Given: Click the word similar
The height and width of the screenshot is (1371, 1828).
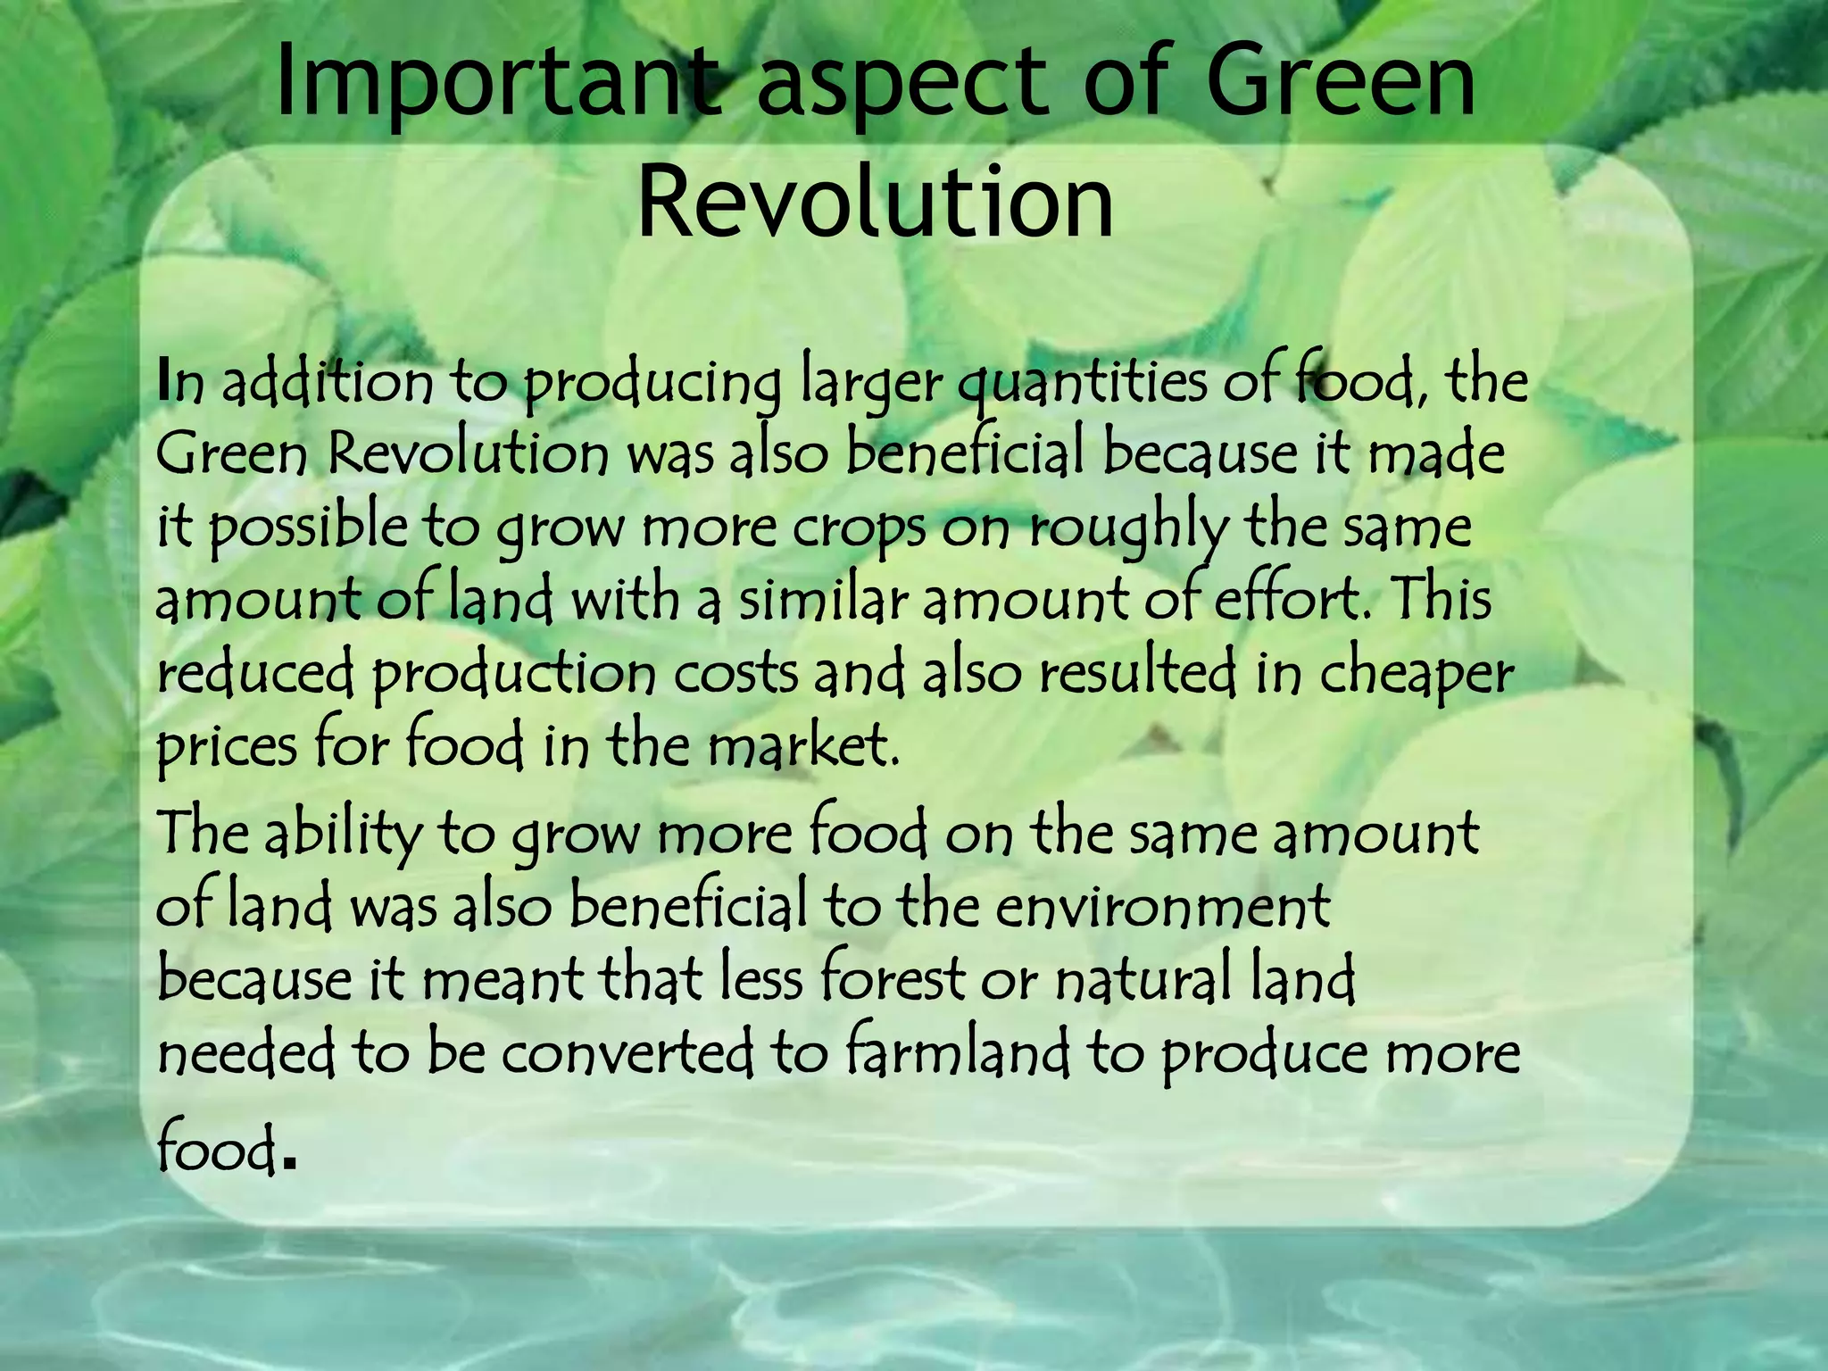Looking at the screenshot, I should [x=822, y=600].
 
